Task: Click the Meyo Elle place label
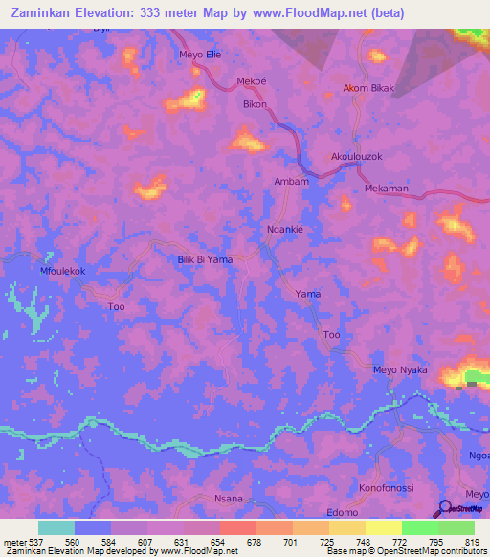coord(200,55)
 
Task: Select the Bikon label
coord(255,103)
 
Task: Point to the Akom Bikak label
coord(368,89)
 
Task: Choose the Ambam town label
coord(291,181)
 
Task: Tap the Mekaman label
coord(387,189)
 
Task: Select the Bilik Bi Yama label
coord(206,259)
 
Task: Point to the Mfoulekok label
coord(62,272)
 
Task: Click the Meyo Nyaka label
coord(399,370)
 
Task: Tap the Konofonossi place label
coord(386,487)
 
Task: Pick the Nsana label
coord(228,499)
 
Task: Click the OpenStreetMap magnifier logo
coord(445,509)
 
